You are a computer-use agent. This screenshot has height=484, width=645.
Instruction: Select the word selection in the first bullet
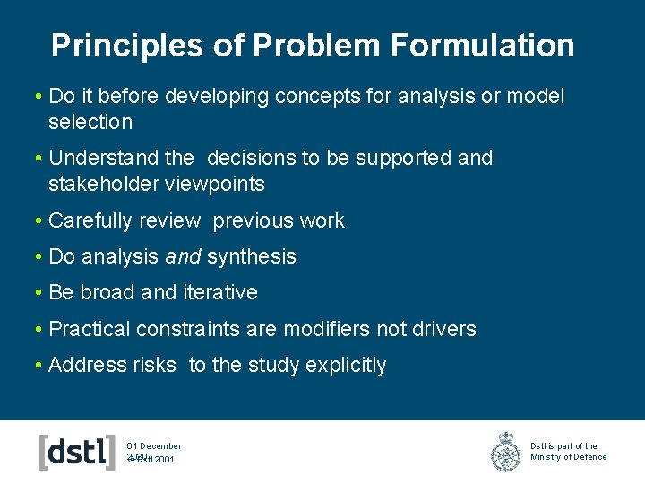pos(90,122)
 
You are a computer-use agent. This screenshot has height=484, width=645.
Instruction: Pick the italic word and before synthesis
pos(183,256)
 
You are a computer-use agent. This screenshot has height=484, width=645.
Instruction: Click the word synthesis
pos(252,256)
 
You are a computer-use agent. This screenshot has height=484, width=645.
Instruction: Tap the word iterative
pos(220,292)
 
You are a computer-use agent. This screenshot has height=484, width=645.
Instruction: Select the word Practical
pos(90,329)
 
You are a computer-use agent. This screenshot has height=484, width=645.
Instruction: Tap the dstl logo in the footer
pos(77,452)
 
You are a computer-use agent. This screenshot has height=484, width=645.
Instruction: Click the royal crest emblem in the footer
pos(505,451)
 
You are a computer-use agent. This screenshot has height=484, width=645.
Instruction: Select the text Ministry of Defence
pos(568,457)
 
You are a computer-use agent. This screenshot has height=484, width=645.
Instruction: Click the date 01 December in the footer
pos(154,445)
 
